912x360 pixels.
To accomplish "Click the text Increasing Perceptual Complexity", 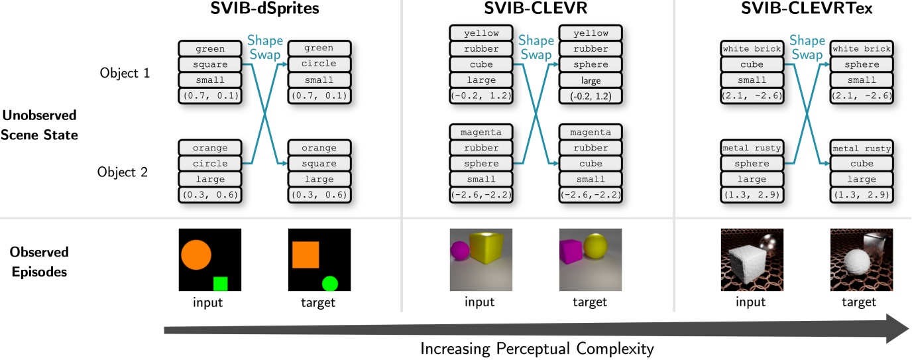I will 537,348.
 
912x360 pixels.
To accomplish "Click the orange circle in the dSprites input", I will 195,254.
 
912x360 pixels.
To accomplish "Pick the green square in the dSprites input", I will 220,284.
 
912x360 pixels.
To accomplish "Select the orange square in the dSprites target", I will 306,255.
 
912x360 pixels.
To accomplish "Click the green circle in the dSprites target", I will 330,284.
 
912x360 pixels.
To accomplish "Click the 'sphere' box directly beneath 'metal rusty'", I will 752,163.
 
